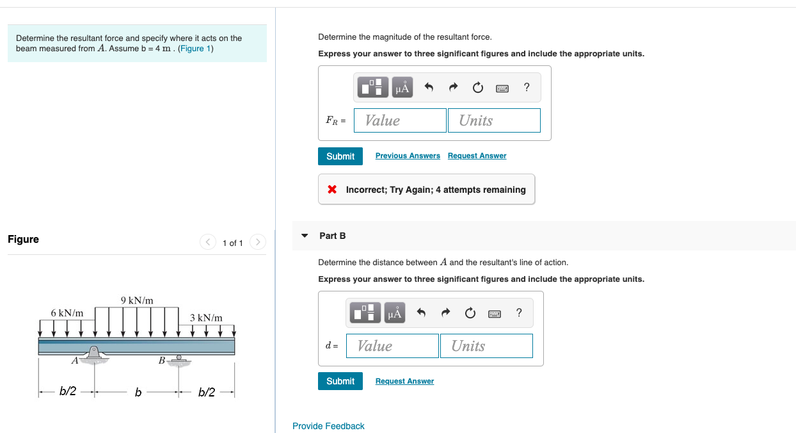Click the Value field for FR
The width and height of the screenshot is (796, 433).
tap(400, 120)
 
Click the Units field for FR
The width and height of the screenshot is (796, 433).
tap(494, 120)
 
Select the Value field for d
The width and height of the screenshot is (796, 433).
tap(392, 346)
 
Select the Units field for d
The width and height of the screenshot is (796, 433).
tap(486, 346)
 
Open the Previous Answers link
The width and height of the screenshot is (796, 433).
tap(408, 156)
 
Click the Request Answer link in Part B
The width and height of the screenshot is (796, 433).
tap(404, 381)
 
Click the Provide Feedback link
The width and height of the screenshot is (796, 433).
tap(328, 426)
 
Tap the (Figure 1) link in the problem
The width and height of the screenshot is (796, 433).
tap(196, 49)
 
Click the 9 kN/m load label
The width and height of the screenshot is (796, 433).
tap(137, 300)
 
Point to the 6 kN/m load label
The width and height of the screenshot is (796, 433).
tap(67, 313)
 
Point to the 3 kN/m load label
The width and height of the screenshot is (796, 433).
tap(206, 318)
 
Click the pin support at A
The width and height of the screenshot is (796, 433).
tap(94, 354)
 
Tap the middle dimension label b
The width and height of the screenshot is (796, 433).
tap(138, 392)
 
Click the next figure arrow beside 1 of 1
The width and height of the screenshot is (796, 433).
tap(257, 242)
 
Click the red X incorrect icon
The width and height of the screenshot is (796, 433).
tap(332, 190)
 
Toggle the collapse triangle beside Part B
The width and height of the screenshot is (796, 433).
tap(304, 236)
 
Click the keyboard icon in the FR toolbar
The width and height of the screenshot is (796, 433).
tap(502, 88)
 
